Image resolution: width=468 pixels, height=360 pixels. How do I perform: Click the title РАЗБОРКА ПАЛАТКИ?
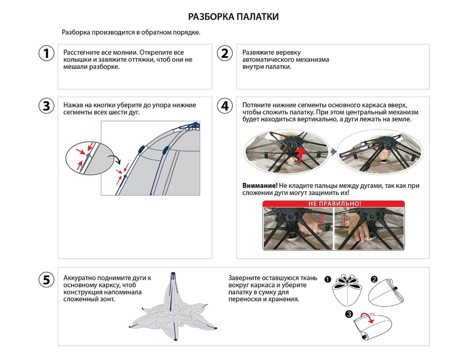(234, 17)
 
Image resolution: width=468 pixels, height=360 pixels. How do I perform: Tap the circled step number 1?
(46, 53)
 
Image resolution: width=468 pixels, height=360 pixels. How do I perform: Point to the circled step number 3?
(46, 106)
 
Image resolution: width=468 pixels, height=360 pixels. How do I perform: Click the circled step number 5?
(46, 280)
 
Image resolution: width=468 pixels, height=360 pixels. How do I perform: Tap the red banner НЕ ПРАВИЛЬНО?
(334, 204)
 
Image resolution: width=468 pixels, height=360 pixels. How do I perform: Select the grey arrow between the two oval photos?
(333, 151)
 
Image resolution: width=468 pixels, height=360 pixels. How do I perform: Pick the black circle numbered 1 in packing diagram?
(327, 279)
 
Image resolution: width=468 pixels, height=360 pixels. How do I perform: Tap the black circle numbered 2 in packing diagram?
(374, 279)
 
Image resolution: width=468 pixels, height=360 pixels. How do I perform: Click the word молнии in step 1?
(127, 52)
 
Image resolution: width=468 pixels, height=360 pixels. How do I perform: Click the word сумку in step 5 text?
(266, 292)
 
